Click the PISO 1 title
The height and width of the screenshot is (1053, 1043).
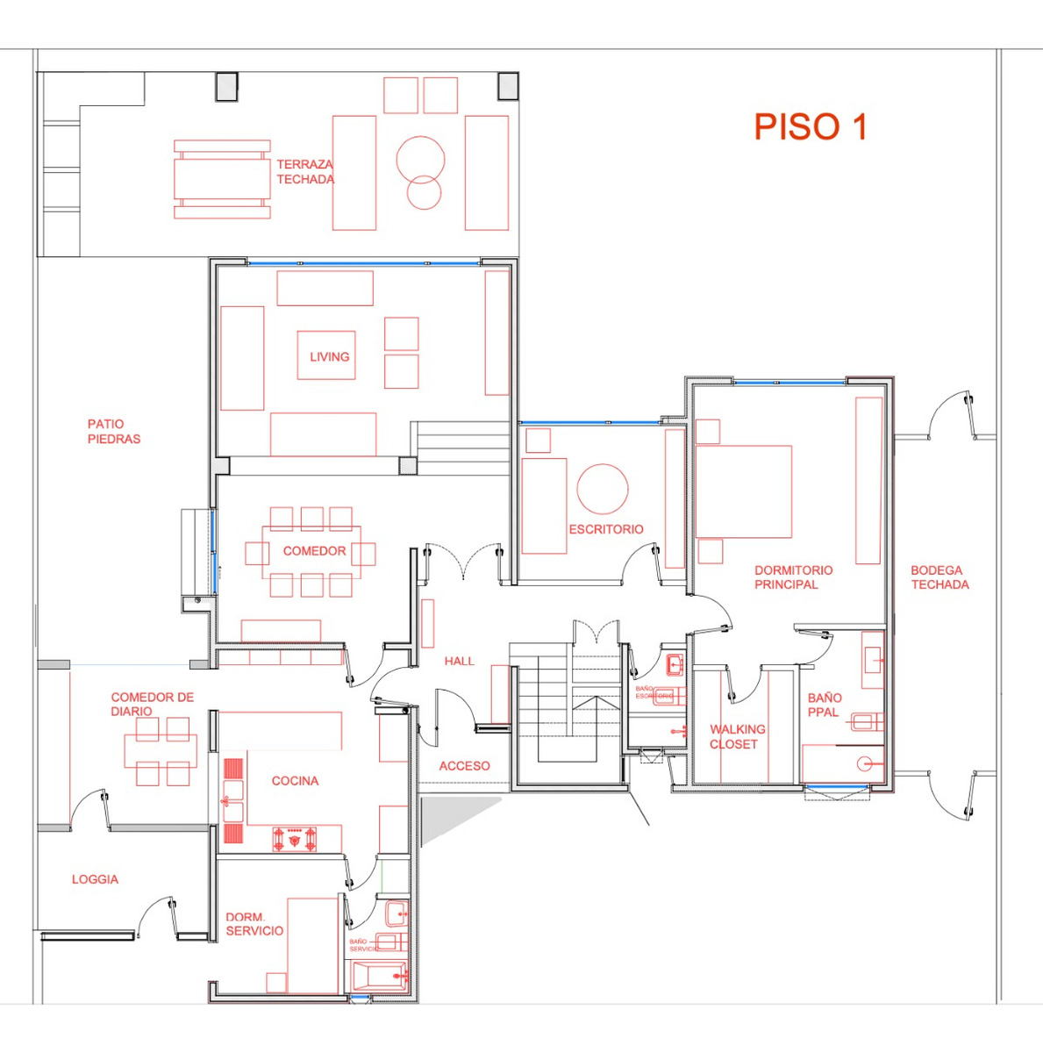tap(810, 127)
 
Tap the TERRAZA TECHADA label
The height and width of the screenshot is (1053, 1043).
tap(304, 172)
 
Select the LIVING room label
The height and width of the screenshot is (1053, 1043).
tap(329, 357)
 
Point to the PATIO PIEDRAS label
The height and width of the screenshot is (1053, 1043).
tap(113, 432)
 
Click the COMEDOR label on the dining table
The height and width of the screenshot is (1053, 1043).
tap(314, 551)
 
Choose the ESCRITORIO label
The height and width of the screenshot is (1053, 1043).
tap(605, 529)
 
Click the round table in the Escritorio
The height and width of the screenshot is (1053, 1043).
tap(603, 489)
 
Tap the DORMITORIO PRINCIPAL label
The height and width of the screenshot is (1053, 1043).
tap(793, 577)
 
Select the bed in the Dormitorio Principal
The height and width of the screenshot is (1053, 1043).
tap(743, 491)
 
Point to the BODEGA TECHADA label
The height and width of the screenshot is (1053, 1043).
tap(939, 577)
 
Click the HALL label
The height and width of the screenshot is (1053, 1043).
tap(459, 662)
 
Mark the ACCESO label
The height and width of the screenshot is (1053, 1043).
tap(464, 766)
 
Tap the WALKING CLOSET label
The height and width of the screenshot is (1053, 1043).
tap(737, 736)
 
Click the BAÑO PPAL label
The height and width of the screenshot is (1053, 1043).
tap(825, 705)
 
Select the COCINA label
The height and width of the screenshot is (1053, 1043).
tap(295, 781)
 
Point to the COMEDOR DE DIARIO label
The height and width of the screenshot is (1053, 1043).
tap(152, 704)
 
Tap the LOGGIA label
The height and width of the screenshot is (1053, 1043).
tap(95, 879)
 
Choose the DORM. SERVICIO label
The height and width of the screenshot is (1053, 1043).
tap(254, 924)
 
